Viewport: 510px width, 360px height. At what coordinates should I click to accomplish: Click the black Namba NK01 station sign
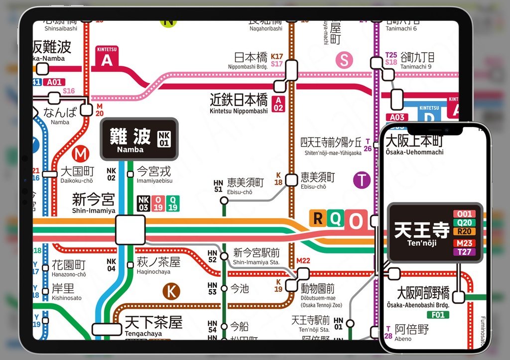point(139,139)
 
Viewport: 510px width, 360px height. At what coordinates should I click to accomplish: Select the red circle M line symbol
point(80,154)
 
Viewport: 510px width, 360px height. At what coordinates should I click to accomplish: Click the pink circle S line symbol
point(344,60)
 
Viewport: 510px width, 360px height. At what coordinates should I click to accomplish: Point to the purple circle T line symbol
point(362,180)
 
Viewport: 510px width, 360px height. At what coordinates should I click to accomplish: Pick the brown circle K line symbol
point(171,291)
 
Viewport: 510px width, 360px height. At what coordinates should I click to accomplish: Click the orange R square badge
point(317,218)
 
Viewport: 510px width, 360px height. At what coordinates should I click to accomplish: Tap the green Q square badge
point(335,219)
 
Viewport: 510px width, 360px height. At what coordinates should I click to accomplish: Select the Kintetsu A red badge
point(107,57)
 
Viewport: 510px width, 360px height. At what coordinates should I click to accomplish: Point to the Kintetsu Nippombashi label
point(239,104)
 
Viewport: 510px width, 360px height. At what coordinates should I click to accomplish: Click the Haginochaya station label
point(158,265)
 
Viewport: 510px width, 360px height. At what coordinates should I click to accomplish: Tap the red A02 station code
point(278,104)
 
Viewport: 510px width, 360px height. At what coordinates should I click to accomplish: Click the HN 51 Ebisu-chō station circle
point(224,201)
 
